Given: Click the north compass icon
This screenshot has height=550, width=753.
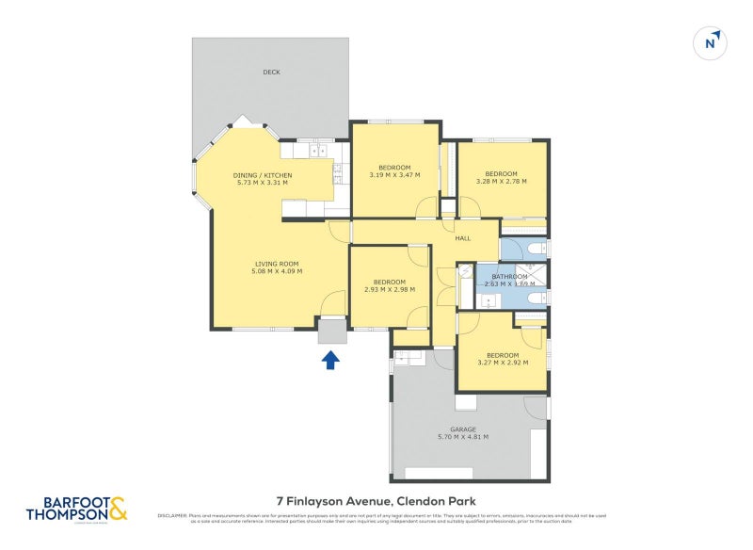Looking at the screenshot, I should click(x=713, y=42).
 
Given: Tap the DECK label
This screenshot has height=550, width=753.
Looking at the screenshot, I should click(x=271, y=73).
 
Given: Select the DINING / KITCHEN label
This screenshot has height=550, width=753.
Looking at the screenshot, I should click(x=263, y=175).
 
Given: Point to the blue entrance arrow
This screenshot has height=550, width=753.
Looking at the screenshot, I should click(x=330, y=359).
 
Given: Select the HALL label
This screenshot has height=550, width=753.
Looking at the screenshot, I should click(x=462, y=238).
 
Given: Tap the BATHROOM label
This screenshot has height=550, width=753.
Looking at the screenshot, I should click(x=509, y=276).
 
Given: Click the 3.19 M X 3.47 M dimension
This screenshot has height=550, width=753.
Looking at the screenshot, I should click(x=393, y=175).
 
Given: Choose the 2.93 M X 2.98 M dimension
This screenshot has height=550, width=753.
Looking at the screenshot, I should click(x=389, y=290).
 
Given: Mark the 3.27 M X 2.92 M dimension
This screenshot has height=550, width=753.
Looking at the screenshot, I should click(x=502, y=363).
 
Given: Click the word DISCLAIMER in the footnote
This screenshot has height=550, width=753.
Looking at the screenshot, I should click(x=173, y=515).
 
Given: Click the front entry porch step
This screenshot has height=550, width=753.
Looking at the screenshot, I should click(x=331, y=332).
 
